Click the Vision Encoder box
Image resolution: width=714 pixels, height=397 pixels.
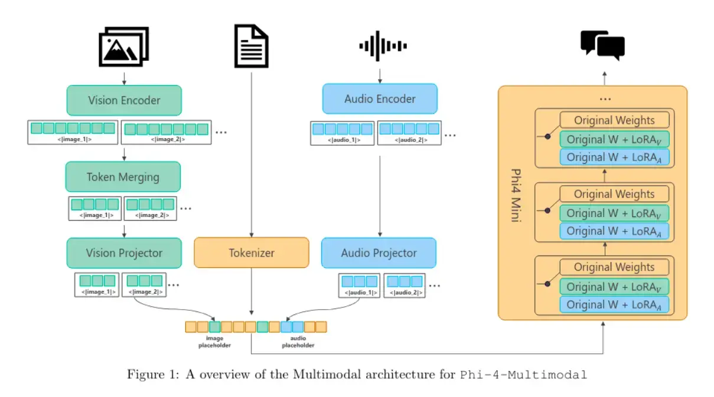[x=124, y=100]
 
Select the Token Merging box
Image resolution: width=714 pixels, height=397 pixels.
[x=123, y=176]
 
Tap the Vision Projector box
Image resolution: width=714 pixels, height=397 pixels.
[x=124, y=253]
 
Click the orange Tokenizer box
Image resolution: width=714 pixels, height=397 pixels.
[x=252, y=253]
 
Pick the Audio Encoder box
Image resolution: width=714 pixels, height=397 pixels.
[x=380, y=99]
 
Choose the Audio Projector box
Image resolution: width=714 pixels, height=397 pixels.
[x=379, y=253]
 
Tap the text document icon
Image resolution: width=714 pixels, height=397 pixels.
[x=252, y=47]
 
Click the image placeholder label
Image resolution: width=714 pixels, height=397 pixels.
[x=214, y=342]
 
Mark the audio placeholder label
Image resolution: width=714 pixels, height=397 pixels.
[x=298, y=342]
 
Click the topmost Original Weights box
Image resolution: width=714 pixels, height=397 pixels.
[x=614, y=120]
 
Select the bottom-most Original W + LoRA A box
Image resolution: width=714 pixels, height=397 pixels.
[x=614, y=304]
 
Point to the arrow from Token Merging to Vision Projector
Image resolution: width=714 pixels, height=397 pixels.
[x=124, y=229]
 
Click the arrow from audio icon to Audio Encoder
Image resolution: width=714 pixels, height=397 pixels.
[x=380, y=75]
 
